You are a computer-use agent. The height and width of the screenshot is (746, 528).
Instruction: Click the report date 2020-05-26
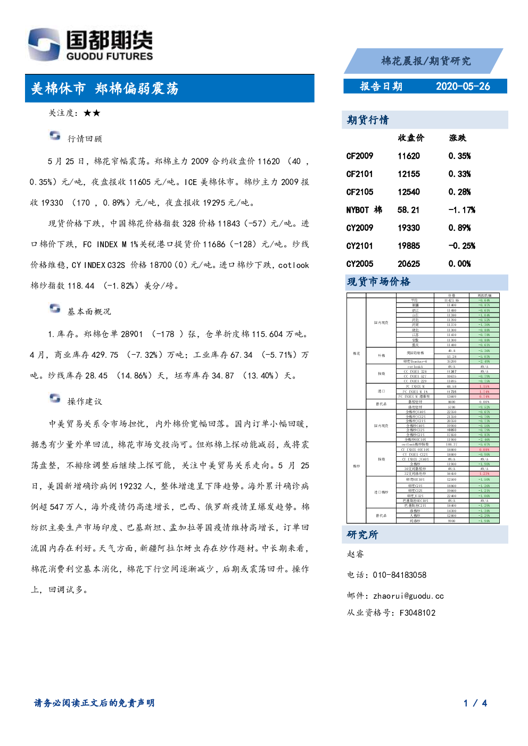point(463,87)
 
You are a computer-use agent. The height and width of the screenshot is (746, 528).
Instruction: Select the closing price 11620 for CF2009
point(408,156)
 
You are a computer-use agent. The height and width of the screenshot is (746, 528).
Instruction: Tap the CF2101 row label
point(359,174)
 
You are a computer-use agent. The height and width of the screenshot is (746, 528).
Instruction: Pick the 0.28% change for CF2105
point(459,192)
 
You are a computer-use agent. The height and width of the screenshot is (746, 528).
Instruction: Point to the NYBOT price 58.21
point(408,210)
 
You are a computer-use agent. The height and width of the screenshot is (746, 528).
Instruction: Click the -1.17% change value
point(461,210)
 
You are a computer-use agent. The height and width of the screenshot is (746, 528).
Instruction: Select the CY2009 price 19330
point(408,228)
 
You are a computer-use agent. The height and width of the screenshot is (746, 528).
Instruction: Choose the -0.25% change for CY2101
point(461,246)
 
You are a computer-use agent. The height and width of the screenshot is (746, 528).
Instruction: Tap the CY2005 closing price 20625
point(408,264)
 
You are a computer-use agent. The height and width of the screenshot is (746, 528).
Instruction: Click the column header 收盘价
point(411,138)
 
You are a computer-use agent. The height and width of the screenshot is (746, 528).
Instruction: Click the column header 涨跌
point(457,138)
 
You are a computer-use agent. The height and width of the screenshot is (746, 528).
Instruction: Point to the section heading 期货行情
point(368,120)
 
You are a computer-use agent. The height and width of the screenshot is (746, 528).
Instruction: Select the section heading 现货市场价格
point(378,282)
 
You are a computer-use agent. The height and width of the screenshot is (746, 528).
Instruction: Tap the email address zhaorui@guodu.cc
point(408,596)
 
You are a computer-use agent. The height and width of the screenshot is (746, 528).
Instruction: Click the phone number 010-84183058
point(399,575)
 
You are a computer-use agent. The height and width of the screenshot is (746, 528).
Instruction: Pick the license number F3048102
point(417,613)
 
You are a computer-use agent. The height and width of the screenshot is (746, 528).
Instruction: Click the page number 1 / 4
point(475,703)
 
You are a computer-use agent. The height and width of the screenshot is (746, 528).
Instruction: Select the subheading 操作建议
point(84,401)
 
